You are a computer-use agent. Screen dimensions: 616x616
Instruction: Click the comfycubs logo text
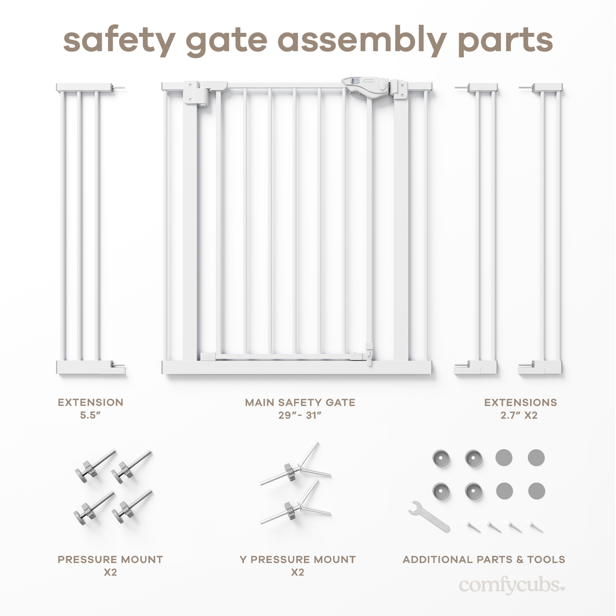512,585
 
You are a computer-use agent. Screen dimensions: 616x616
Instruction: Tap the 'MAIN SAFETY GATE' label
300,402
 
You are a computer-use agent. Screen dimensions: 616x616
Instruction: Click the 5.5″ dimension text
90,415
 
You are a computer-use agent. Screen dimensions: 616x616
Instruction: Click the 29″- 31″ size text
300,415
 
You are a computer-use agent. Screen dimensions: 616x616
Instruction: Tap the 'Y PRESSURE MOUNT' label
298,559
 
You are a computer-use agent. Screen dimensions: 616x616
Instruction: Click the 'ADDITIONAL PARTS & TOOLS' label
484,559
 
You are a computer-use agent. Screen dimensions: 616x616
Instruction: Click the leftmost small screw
473,527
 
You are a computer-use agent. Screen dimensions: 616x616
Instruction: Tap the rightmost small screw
537,527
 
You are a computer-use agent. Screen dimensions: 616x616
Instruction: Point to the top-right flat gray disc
536,457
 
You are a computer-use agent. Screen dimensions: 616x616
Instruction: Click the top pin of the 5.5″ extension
119,88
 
